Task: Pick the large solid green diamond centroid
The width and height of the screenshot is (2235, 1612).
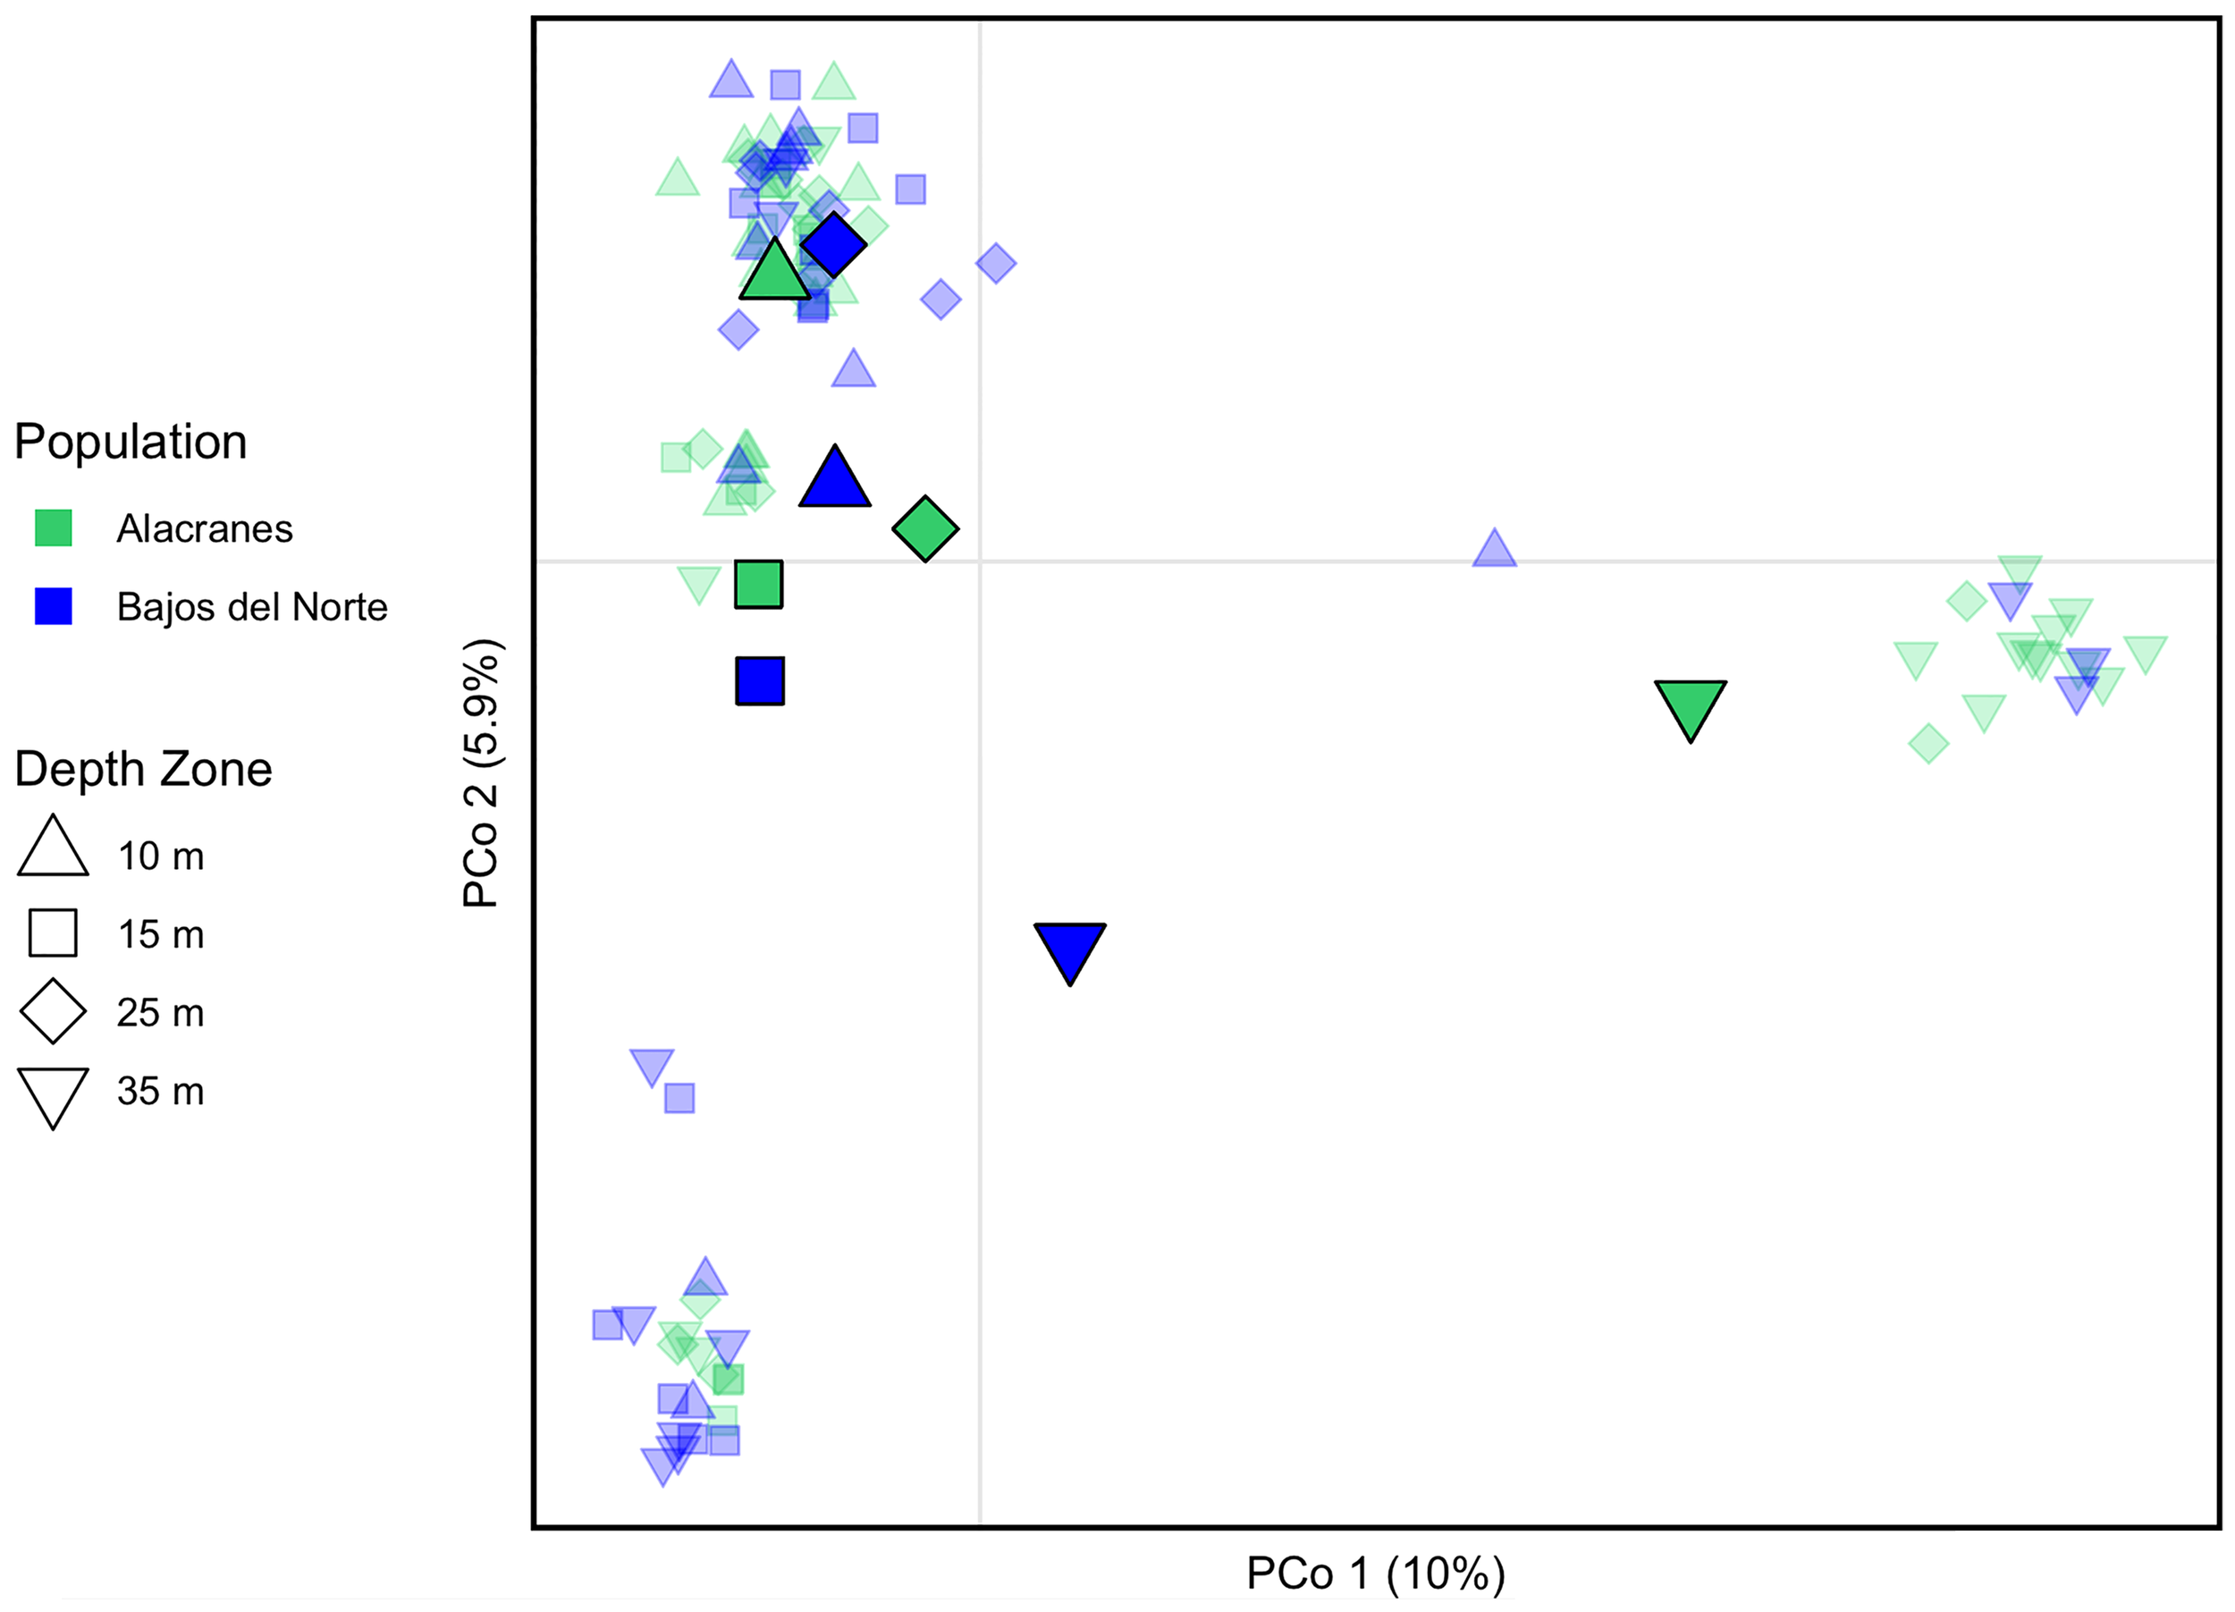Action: [x=925, y=529]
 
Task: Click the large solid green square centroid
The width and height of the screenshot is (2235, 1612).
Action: [x=759, y=585]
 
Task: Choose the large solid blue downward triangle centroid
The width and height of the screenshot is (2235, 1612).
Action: [x=1070, y=947]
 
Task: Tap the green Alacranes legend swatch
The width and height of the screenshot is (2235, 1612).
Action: [x=54, y=528]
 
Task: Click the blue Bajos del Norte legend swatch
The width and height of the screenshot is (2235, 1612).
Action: [x=54, y=606]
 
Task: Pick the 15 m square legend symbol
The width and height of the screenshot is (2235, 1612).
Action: [x=54, y=933]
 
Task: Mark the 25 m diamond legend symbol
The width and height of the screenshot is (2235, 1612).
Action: [x=54, y=1011]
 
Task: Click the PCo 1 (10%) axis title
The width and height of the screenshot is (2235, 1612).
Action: [x=1376, y=1574]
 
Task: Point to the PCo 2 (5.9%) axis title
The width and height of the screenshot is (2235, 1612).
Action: [x=482, y=772]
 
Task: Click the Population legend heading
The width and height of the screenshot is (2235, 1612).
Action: [x=131, y=443]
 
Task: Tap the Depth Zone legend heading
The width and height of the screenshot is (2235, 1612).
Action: [x=143, y=770]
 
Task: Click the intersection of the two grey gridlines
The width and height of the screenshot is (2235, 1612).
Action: [x=980, y=561]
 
